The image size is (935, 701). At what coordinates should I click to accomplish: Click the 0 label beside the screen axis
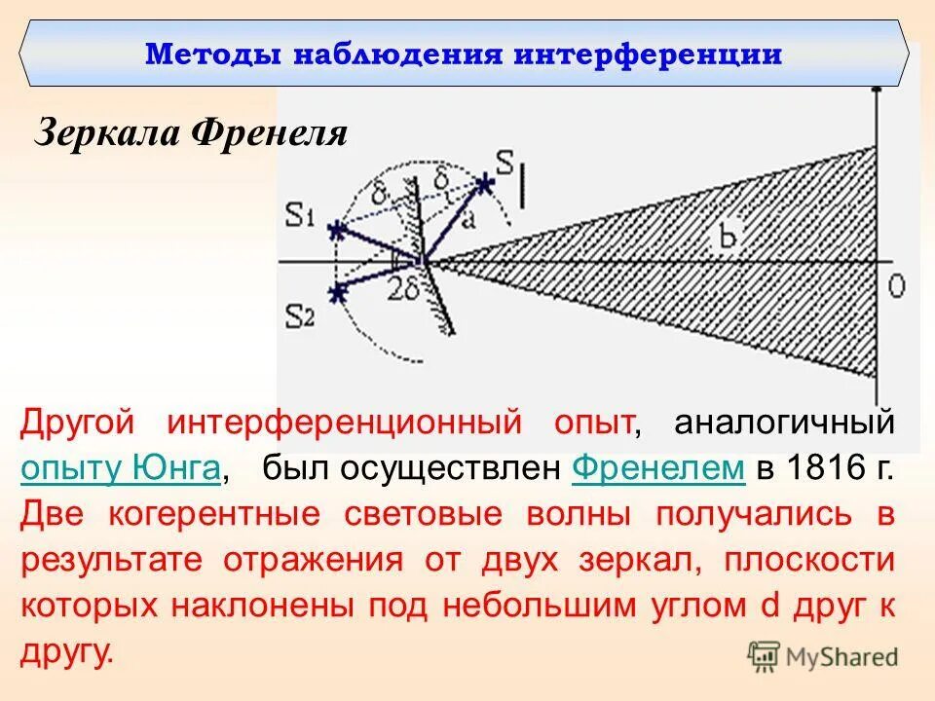[897, 284]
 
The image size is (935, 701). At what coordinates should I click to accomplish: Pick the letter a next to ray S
[468, 220]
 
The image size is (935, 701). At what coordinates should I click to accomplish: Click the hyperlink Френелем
[659, 468]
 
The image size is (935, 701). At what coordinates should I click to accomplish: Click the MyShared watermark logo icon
[763, 656]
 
